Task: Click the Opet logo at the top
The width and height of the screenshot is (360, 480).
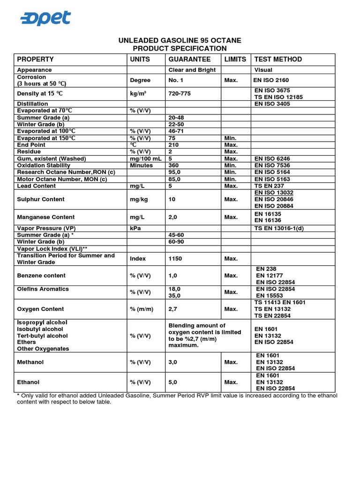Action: tap(45, 18)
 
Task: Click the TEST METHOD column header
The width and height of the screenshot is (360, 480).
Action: tap(278, 60)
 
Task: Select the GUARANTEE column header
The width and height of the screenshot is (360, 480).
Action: tap(189, 60)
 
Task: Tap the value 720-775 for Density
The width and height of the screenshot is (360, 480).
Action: tap(180, 94)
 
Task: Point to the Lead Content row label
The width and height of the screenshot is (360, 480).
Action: tap(37, 186)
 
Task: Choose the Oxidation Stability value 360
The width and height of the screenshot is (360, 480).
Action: tap(173, 165)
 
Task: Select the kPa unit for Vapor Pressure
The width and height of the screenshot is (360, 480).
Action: tap(135, 228)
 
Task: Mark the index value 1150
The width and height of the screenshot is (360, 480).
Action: tap(175, 259)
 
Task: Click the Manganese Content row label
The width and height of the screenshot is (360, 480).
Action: tap(45, 217)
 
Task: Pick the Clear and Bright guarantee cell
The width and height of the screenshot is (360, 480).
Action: tap(192, 70)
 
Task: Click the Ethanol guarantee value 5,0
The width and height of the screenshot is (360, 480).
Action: tap(172, 382)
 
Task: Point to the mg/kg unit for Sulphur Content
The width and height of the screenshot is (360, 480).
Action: tap(139, 199)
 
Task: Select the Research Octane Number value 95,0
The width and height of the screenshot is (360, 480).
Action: tap(175, 172)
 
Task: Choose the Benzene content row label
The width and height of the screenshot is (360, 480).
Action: tap(41, 276)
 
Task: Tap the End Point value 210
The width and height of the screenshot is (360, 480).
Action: tap(173, 145)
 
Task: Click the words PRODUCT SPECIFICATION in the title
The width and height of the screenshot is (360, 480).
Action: tap(180, 49)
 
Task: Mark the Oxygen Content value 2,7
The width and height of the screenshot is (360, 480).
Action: tap(172, 309)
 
